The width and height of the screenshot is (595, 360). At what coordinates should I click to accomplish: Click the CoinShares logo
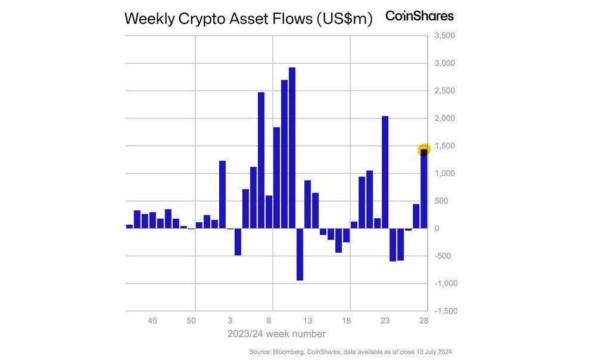[419, 16]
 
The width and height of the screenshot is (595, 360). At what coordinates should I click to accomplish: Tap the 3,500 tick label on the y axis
[445, 36]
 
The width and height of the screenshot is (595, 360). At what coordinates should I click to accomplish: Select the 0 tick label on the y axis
[437, 229]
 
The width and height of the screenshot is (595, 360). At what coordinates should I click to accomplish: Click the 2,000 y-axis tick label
[445, 119]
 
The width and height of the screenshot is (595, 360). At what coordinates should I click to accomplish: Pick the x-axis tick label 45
[152, 321]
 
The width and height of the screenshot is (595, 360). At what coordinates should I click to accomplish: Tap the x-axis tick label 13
[307, 321]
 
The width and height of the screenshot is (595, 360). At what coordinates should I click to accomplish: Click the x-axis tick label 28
[423, 321]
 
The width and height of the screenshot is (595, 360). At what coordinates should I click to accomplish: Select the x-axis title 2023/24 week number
[276, 334]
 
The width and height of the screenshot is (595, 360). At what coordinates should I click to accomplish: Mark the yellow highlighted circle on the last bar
[424, 151]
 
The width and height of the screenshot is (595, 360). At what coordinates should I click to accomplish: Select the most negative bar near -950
[300, 255]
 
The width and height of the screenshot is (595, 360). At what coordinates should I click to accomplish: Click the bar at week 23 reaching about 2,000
[385, 172]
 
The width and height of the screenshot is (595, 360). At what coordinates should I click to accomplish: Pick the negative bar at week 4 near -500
[238, 242]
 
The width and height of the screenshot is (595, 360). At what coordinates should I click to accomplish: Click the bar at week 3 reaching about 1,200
[222, 195]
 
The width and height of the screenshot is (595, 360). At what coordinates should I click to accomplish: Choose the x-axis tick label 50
[191, 321]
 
